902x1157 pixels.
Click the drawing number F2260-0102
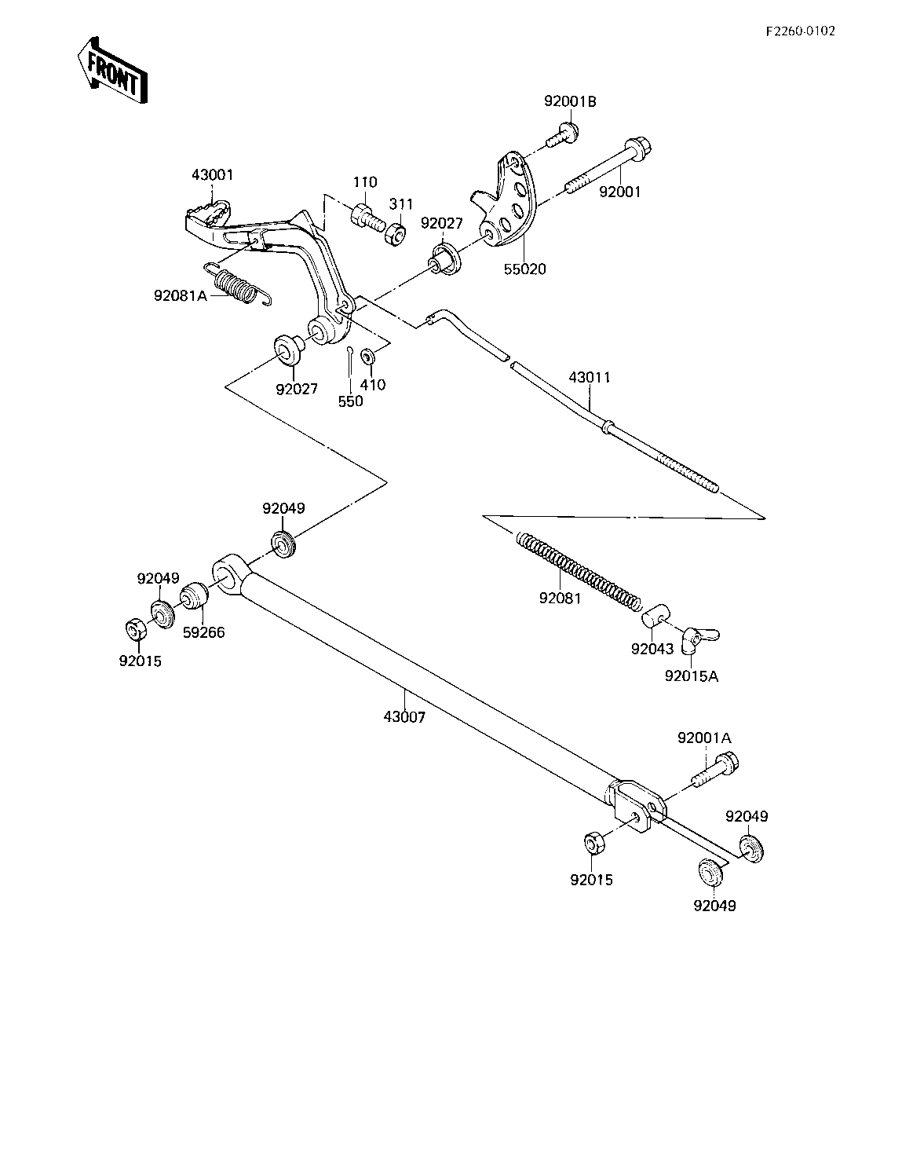click(801, 31)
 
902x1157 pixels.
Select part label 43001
click(213, 174)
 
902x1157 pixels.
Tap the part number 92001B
click(570, 101)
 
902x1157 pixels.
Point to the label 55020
click(525, 269)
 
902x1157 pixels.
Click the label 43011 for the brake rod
click(590, 377)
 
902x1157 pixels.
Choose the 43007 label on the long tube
click(404, 717)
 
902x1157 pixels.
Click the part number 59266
click(204, 632)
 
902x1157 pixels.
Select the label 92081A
click(181, 295)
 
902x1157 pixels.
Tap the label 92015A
click(692, 676)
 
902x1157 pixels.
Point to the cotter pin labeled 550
click(350, 361)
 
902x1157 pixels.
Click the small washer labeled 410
click(367, 355)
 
